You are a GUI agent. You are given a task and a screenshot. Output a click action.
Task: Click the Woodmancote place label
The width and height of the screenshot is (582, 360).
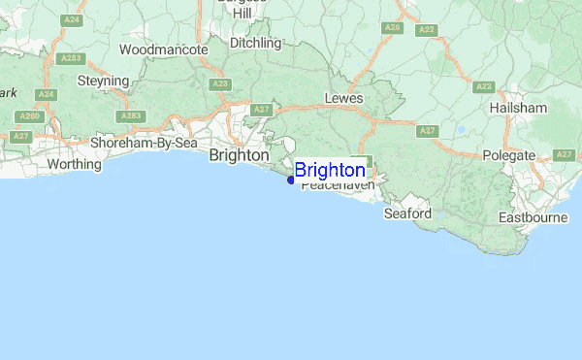tap(163, 49)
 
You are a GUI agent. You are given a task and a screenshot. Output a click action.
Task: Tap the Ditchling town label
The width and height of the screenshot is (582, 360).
tap(255, 43)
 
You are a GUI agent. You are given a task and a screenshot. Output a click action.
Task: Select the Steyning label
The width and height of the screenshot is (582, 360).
tap(102, 82)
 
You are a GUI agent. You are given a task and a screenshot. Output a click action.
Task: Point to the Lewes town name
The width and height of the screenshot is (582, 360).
tap(343, 98)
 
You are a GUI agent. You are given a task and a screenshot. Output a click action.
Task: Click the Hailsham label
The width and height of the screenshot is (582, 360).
tap(519, 108)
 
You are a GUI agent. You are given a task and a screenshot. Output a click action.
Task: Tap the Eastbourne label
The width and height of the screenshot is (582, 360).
tap(533, 217)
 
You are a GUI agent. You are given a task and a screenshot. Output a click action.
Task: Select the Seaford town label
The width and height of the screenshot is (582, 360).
tap(406, 213)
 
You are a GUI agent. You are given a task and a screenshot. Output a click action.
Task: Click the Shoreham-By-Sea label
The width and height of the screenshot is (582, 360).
tap(144, 144)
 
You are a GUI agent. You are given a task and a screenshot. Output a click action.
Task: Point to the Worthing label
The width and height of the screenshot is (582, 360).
tap(74, 164)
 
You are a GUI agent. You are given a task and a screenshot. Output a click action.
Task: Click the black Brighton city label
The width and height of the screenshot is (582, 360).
tap(239, 154)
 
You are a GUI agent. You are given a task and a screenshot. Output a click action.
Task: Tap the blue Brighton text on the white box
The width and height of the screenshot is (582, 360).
tap(330, 171)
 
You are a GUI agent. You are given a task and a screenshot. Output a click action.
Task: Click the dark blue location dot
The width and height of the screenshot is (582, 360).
tap(291, 179)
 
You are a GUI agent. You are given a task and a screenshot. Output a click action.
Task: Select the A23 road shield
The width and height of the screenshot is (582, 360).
tap(220, 84)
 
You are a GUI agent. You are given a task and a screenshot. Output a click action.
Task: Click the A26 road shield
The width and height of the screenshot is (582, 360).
tap(392, 28)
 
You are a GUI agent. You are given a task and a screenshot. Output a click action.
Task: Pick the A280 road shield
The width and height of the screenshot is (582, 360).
tap(31, 116)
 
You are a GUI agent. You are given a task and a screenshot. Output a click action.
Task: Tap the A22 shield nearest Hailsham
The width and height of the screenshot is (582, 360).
tap(484, 86)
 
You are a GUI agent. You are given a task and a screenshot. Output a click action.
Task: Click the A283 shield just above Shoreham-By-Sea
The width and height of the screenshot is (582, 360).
tap(133, 116)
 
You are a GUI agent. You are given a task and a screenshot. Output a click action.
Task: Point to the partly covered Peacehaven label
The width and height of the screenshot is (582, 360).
tap(338, 186)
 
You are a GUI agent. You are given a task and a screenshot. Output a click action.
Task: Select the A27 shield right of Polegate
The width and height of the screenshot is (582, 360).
tap(565, 155)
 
